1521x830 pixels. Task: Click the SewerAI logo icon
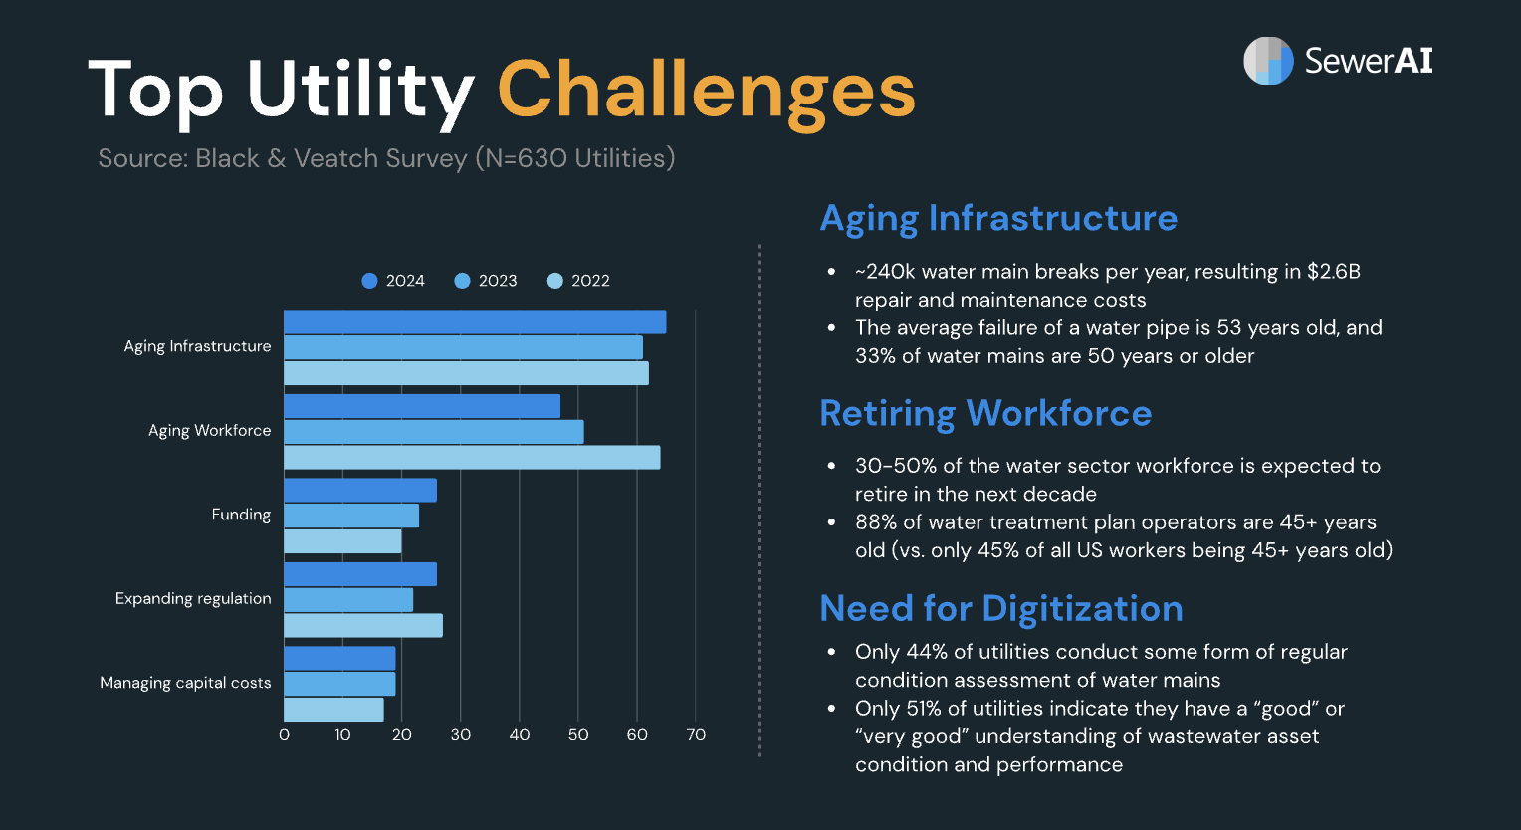[1267, 61]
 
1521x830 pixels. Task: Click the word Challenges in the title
[705, 90]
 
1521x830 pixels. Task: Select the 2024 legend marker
[370, 281]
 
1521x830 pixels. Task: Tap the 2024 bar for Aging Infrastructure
[475, 321]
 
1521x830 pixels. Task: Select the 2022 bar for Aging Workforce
[472, 458]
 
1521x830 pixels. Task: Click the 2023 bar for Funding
[351, 516]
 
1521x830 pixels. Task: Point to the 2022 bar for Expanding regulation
[363, 626]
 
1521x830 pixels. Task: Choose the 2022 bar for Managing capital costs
[333, 710]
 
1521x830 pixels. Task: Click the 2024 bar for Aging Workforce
[422, 406]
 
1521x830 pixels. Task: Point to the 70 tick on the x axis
[696, 735]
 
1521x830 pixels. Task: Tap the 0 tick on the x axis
[285, 735]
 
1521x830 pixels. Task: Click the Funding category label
[241, 515]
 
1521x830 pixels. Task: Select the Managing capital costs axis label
[185, 683]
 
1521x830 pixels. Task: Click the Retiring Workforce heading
[984, 413]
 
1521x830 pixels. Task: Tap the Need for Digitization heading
[1000, 608]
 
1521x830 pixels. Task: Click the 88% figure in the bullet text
[876, 522]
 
